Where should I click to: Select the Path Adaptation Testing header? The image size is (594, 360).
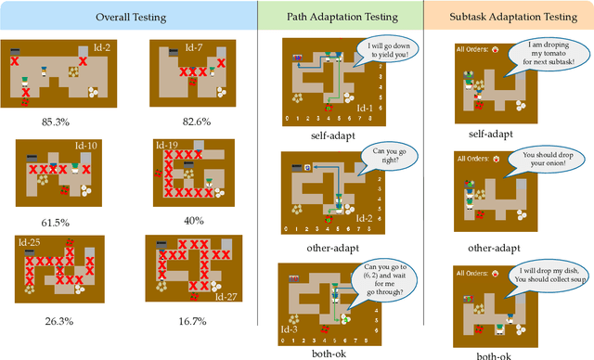(342, 18)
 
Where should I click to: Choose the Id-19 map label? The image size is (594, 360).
(167, 146)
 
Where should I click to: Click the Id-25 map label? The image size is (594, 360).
(28, 242)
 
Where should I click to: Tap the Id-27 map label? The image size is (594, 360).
(224, 295)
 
